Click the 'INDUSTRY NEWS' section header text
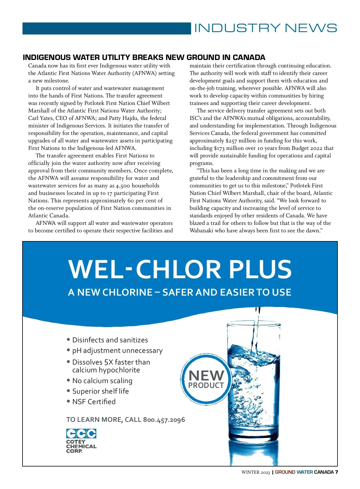tap(265, 28)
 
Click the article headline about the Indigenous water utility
tap(144, 57)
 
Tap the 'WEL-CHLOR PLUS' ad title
tap(180, 269)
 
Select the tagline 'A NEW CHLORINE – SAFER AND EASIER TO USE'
tap(179, 292)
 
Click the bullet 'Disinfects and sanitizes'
tap(110, 340)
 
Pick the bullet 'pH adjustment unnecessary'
tap(117, 350)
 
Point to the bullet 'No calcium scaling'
tap(102, 381)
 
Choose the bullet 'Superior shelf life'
tap(100, 391)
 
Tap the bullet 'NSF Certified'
tap(94, 402)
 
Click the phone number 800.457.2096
tap(164, 420)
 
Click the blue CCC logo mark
tap(81, 434)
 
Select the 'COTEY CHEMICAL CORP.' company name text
tap(81, 446)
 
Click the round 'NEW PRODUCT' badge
tap(206, 379)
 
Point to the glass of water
tap(253, 390)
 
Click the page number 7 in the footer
tap(337, 472)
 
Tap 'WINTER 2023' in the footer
tap(256, 472)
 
